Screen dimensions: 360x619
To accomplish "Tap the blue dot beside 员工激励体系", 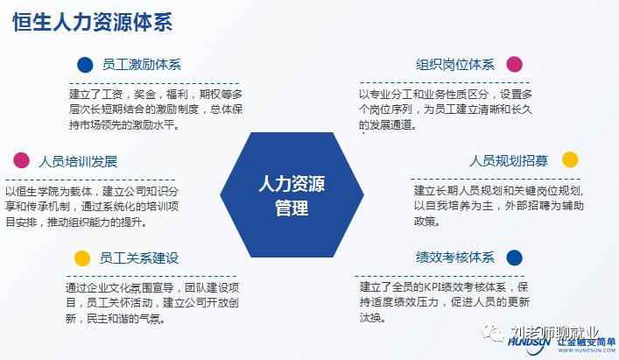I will click(x=85, y=64).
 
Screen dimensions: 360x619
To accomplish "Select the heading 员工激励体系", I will click(x=140, y=65).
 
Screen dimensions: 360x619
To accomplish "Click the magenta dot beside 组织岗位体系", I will click(x=514, y=64).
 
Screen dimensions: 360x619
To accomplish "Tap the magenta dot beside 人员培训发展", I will click(x=21, y=160).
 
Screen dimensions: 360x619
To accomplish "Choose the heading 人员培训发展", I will click(x=78, y=161).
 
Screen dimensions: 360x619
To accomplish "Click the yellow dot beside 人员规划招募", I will click(x=570, y=159).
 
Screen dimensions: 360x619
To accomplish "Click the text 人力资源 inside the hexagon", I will click(x=291, y=185).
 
